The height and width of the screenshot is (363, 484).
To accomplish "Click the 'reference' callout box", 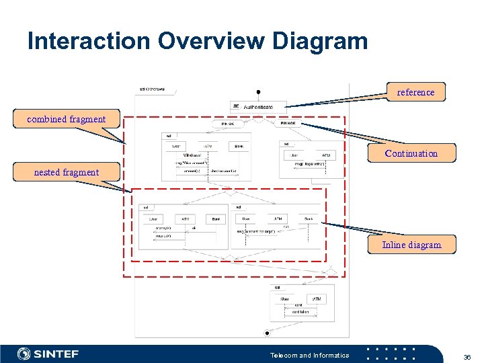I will pyautogui.click(x=415, y=92).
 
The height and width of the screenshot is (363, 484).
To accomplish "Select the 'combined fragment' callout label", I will pyautogui.click(x=66, y=119).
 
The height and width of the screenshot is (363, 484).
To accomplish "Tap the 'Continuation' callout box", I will pyautogui.click(x=411, y=153).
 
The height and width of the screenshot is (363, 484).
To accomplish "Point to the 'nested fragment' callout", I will pyautogui.click(x=66, y=172).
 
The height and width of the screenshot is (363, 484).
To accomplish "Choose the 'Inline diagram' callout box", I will pyautogui.click(x=411, y=245).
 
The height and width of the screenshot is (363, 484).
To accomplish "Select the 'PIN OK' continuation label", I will pyautogui.click(x=228, y=124).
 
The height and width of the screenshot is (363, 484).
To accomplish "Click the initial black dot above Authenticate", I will pyautogui.click(x=258, y=92).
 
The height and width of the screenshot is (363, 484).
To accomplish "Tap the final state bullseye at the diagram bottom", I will pyautogui.click(x=267, y=333).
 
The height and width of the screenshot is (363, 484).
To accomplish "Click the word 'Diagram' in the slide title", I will pyautogui.click(x=320, y=41).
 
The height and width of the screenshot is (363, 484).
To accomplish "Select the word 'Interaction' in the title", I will pyautogui.click(x=89, y=41).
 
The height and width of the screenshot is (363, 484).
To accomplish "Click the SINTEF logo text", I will pyautogui.click(x=56, y=354).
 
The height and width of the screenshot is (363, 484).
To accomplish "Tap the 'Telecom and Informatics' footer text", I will pyautogui.click(x=309, y=355).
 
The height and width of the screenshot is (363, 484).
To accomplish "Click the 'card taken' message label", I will pyautogui.click(x=300, y=312).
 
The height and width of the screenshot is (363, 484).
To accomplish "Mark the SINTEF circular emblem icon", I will pyautogui.click(x=24, y=354).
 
